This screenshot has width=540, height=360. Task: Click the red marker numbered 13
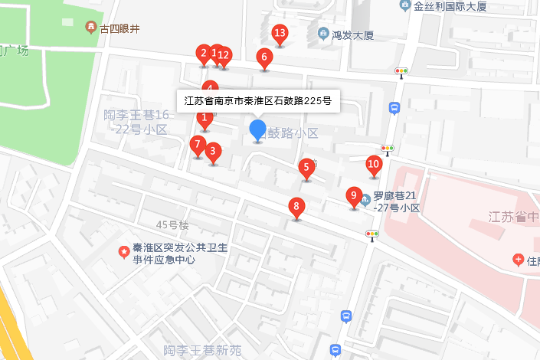tap(280, 34)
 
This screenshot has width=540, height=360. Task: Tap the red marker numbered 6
tap(264, 57)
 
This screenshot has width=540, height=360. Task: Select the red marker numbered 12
tap(224, 54)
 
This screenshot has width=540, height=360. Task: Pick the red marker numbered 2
tap(203, 53)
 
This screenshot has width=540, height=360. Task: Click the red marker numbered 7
tap(198, 144)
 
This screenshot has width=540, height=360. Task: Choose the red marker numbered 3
tap(214, 151)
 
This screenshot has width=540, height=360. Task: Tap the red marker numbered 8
tap(296, 206)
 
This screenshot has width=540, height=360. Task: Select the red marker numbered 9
tap(353, 196)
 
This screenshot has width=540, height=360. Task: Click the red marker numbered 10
tap(374, 163)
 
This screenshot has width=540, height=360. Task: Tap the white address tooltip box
tap(258, 100)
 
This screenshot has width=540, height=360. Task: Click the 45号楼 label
tap(172, 225)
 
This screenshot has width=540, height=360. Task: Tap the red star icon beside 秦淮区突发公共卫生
tap(123, 251)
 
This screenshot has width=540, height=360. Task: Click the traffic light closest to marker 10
tap(388, 149)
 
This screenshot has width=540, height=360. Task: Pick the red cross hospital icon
tap(518, 260)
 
